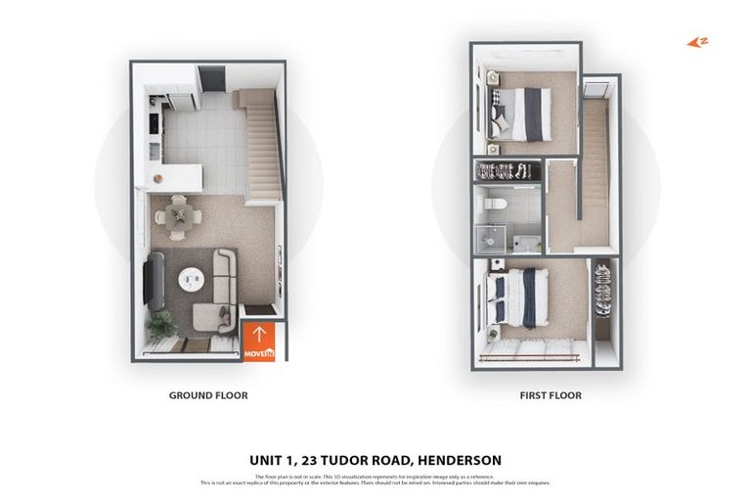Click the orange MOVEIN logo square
point(259,341)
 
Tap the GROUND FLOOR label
point(208,395)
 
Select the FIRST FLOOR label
point(550,395)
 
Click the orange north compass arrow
point(696,42)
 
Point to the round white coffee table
point(189,279)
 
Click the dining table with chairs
point(177,215)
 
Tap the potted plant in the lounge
point(160,323)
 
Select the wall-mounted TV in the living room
point(149,281)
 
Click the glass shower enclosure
point(492,238)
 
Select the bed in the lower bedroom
point(517,298)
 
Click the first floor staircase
point(595,157)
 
